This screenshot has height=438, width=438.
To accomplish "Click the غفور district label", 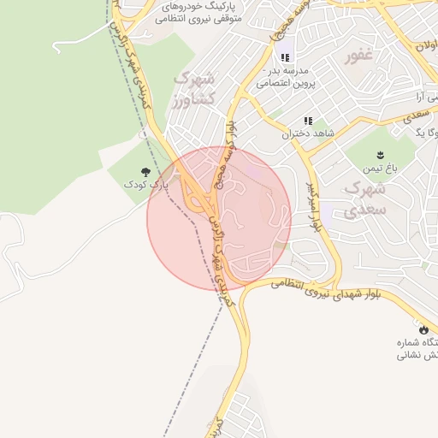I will pos(359,56).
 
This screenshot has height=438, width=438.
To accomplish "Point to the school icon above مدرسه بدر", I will pos(285,57).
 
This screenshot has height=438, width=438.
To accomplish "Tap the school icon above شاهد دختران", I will pos(307,121).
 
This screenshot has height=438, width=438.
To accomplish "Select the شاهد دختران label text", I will pos(307,134).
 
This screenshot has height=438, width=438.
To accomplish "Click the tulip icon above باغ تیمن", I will pos(376,155).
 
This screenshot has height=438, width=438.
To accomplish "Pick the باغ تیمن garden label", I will pos(376,169).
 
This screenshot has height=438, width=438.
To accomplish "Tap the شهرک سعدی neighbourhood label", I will pos(366,198).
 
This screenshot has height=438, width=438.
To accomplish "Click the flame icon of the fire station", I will pos(422,329).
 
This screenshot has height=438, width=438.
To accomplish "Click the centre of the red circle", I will pos(219,219).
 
